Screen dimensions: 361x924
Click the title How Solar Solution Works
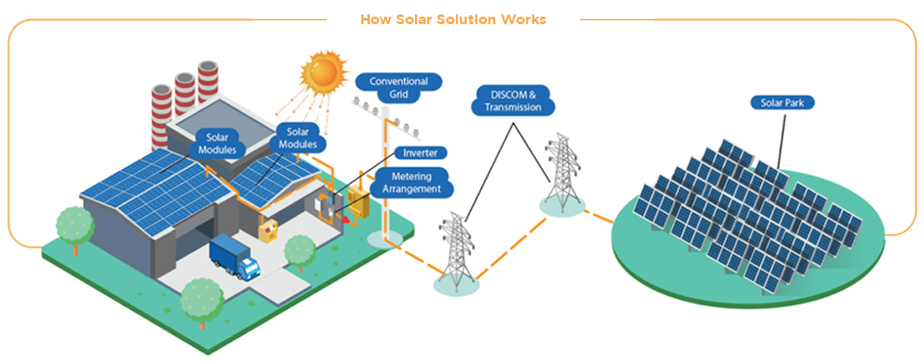click(x=453, y=20)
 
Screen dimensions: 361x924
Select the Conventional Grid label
click(x=398, y=88)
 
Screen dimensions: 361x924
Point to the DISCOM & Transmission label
click(x=513, y=101)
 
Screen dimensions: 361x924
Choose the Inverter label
click(x=420, y=153)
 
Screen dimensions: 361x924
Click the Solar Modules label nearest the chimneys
click(x=216, y=143)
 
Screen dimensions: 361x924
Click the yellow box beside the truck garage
click(x=268, y=229)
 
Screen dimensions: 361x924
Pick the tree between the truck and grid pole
click(x=300, y=251)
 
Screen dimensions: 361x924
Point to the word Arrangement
click(x=414, y=189)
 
